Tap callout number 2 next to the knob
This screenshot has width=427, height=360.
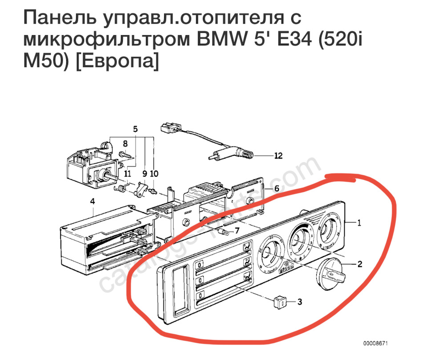[359, 264]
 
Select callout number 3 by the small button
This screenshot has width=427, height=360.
[299, 302]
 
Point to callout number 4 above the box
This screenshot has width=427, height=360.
[93, 202]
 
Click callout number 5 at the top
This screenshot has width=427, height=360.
[135, 129]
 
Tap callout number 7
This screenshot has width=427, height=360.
[237, 231]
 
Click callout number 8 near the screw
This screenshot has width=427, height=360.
[125, 144]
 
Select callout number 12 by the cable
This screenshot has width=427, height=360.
[278, 156]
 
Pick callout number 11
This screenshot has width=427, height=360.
[128, 173]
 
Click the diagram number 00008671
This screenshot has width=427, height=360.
[375, 344]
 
